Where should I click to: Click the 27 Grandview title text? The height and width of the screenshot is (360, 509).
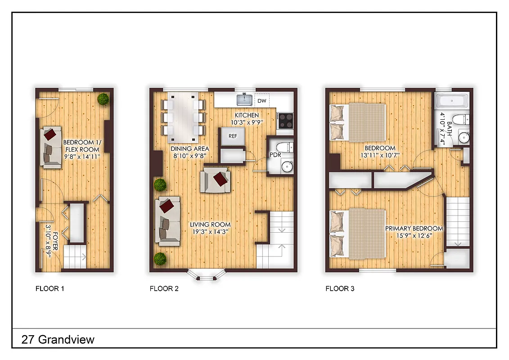coord(58,339)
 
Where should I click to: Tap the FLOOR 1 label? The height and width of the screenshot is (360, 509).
coord(50,288)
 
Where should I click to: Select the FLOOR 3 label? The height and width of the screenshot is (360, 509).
coord(340,288)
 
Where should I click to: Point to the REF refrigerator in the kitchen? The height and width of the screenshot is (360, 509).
coord(233,135)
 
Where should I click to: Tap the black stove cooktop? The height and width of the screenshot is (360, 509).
coord(285,120)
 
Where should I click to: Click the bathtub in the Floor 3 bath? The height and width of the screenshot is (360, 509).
coord(452,100)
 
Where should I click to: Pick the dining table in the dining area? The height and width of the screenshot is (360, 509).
coord(183,114)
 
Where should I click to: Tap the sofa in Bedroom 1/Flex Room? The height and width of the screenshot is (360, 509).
coord(51,147)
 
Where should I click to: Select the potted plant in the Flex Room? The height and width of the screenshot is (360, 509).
coord(104,99)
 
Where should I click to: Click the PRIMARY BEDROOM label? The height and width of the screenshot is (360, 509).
coord(414,228)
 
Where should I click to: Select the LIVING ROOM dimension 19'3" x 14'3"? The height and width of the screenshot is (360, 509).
coord(210,232)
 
